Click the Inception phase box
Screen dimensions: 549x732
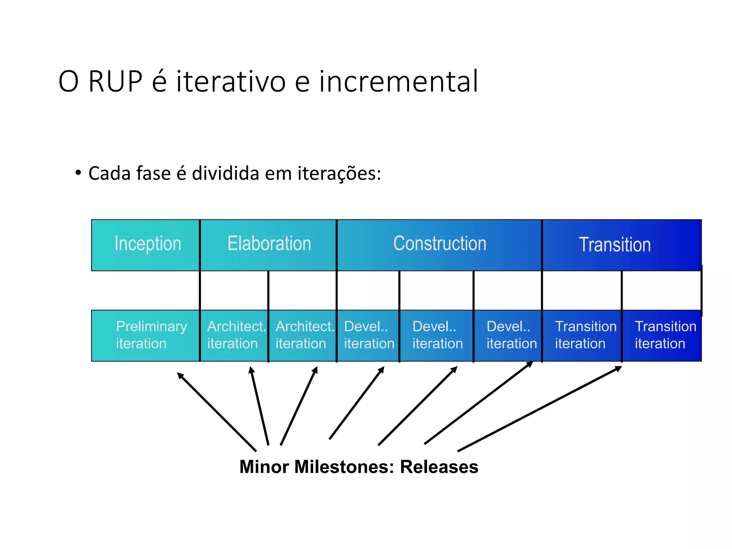(x=145, y=245)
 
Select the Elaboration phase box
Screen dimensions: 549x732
(x=268, y=245)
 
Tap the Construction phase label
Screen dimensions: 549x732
(x=440, y=244)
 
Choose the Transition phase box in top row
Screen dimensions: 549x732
(x=622, y=245)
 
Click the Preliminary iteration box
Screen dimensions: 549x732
(x=145, y=335)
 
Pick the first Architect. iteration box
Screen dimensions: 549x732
(x=234, y=335)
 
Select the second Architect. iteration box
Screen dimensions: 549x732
(x=302, y=335)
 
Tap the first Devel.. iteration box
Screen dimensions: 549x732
(x=368, y=335)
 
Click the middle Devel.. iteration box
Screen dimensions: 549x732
(x=436, y=335)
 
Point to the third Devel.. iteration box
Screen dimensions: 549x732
(x=508, y=335)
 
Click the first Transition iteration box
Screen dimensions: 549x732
(x=582, y=335)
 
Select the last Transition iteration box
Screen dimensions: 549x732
(x=662, y=335)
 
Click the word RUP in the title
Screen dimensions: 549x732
(x=115, y=81)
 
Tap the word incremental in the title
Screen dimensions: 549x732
(x=398, y=81)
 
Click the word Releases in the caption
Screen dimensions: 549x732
(x=439, y=467)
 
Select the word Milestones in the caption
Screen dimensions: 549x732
(x=343, y=467)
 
